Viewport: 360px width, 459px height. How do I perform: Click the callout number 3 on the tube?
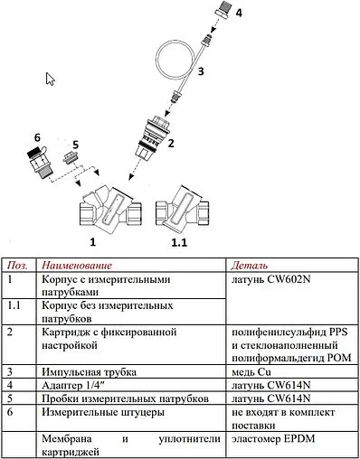coord(203,69)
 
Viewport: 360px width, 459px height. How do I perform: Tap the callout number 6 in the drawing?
coord(36,136)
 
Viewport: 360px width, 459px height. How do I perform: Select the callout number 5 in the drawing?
coord(75,145)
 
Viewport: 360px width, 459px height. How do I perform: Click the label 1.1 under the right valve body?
coord(179,244)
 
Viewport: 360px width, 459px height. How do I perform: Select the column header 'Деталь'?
coord(249,267)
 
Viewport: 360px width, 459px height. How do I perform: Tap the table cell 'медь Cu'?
coord(255,370)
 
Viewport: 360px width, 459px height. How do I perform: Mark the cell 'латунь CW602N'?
coord(271,281)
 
